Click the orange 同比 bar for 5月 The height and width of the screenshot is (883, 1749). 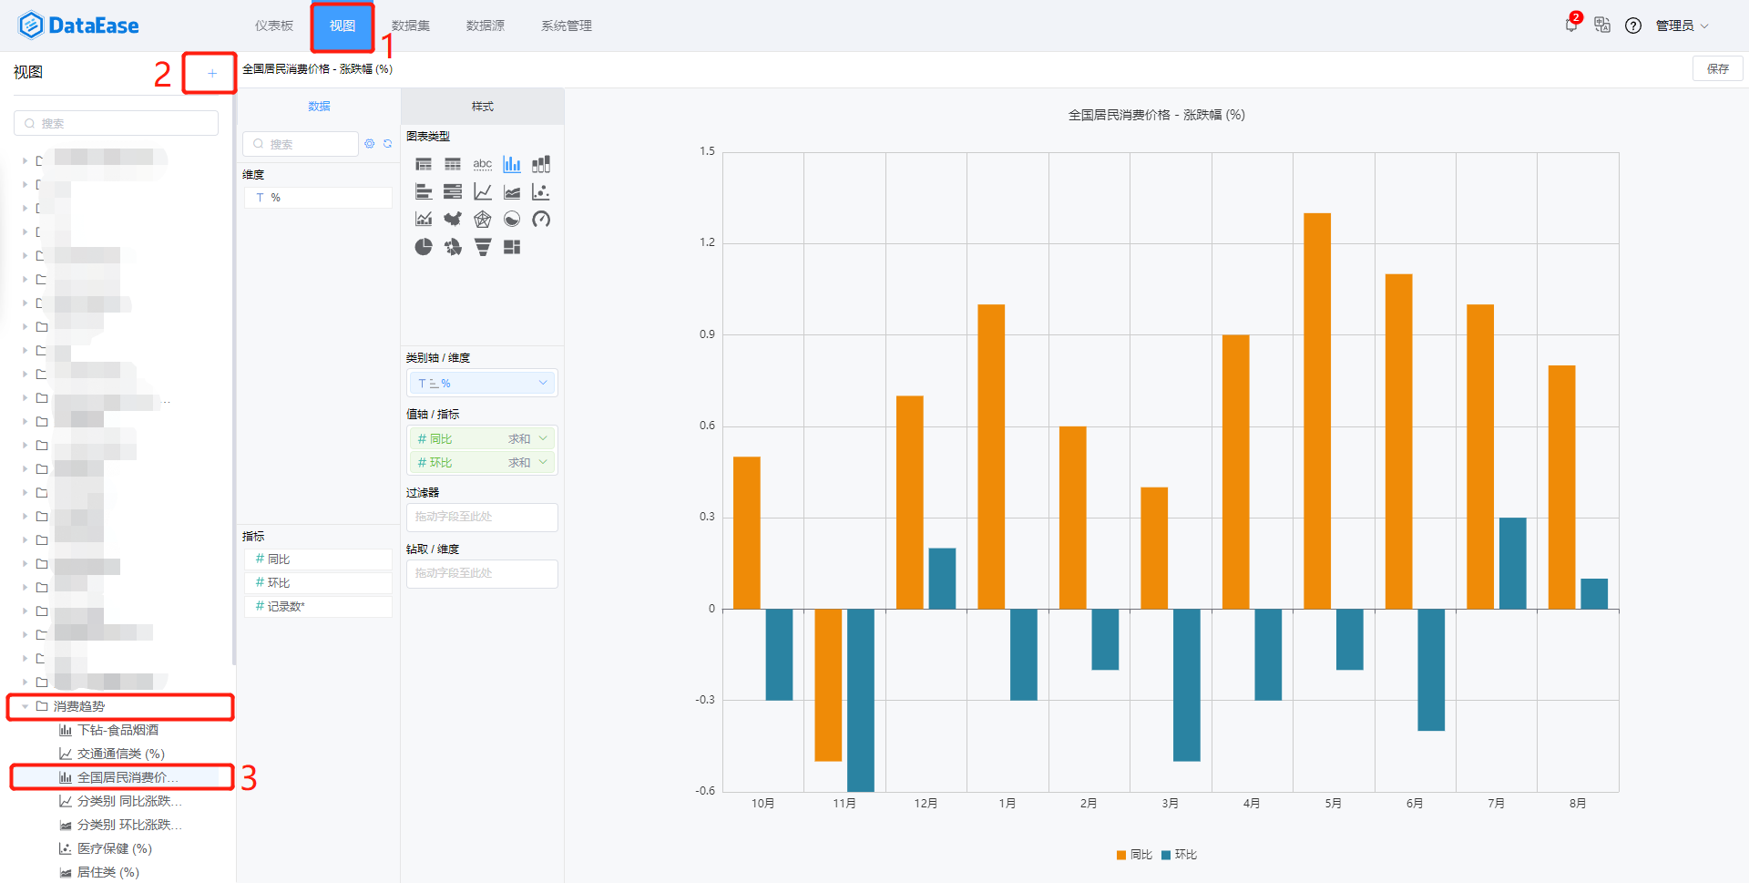[1317, 410]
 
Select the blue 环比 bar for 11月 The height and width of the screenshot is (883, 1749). [861, 699]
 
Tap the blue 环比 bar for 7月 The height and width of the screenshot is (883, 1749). [1513, 563]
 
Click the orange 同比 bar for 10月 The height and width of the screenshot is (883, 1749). [747, 532]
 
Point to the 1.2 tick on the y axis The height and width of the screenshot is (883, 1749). [708, 242]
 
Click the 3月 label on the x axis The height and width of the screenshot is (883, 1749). [1171, 803]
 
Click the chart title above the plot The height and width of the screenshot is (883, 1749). [1156, 115]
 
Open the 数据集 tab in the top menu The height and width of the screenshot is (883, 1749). [411, 26]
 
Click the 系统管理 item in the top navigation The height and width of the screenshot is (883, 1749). [567, 26]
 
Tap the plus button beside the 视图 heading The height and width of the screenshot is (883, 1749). [211, 73]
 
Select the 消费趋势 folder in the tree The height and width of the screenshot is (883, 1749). [79, 706]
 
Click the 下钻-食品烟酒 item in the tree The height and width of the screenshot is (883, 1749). [118, 730]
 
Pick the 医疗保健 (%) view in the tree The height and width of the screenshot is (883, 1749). [114, 848]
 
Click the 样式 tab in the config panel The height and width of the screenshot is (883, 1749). [482, 107]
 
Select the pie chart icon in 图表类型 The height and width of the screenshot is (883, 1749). [424, 247]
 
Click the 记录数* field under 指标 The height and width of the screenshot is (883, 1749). [286, 607]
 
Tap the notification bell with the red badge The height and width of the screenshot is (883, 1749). [1571, 25]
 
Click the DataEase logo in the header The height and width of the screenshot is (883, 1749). [78, 26]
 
